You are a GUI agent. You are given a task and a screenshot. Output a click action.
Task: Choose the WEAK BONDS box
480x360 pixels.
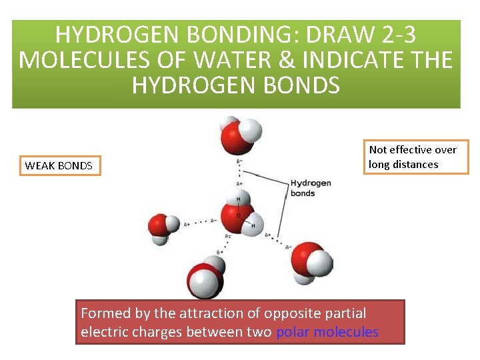[59, 165]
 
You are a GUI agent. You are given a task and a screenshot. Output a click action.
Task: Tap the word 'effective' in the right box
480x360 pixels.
[413, 149]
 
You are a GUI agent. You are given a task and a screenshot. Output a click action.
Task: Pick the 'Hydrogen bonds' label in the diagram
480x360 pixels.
[310, 188]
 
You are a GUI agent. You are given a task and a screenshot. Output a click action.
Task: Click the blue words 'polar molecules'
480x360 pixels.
[327, 331]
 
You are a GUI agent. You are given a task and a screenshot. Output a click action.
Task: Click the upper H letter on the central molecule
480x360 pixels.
[238, 199]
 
